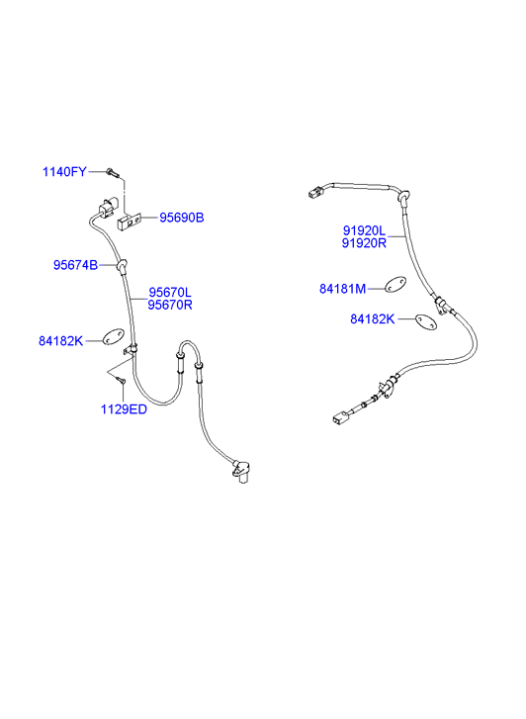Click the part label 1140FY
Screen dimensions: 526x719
[64, 172]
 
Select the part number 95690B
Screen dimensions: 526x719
[182, 218]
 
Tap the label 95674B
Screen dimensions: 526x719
[76, 265]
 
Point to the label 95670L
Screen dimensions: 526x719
[170, 292]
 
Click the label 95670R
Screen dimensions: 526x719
[170, 305]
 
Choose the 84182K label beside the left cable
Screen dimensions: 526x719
[61, 341]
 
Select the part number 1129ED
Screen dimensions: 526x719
[124, 409]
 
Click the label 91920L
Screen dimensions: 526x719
[365, 230]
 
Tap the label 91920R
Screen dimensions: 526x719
[364, 243]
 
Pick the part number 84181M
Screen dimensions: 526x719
[342, 289]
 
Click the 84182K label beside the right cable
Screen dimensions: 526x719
[373, 319]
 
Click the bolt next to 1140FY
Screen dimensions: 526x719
[112, 173]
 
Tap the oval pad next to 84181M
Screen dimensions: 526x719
[394, 284]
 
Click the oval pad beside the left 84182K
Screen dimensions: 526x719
[113, 337]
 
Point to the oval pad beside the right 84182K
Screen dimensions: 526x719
[426, 321]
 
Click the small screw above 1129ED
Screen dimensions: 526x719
[121, 379]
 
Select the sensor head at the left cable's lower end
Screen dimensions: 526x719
[241, 472]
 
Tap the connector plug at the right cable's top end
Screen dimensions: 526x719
[315, 191]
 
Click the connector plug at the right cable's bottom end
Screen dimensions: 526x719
[340, 417]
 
